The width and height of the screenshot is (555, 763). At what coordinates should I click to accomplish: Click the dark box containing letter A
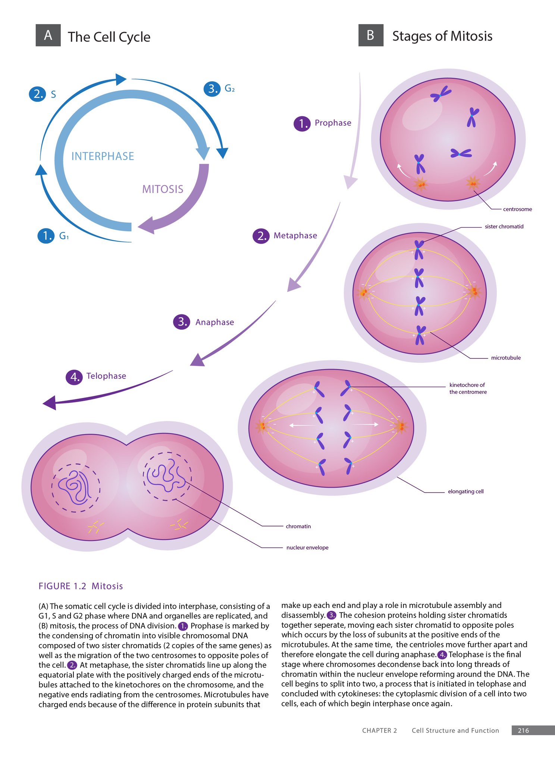point(48,35)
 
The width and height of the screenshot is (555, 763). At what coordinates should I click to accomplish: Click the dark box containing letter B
point(371,35)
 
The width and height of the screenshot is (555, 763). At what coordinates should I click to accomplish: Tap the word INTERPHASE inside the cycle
point(103,156)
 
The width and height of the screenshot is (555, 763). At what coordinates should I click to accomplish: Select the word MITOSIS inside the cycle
point(163,189)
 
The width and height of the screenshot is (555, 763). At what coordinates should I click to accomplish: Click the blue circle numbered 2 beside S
point(37,94)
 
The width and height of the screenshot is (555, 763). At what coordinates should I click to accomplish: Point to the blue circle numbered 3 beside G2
point(212,89)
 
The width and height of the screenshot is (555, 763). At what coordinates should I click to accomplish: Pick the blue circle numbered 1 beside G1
point(46,236)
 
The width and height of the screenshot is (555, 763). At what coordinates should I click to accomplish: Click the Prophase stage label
point(333,123)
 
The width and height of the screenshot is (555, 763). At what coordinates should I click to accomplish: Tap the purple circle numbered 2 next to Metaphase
point(261,236)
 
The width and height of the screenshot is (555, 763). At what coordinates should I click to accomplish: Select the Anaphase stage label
point(214,322)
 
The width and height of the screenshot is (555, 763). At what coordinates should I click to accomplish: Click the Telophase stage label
point(106,376)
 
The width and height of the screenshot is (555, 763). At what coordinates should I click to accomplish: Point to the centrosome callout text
point(517,209)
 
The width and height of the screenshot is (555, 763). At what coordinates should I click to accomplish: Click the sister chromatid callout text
point(504,227)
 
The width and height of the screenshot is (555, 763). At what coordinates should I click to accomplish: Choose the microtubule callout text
point(506,358)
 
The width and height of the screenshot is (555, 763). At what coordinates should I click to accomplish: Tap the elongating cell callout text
point(465,492)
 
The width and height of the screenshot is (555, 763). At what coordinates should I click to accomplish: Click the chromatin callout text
point(298,526)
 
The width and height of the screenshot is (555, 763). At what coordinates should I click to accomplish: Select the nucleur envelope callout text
point(307,548)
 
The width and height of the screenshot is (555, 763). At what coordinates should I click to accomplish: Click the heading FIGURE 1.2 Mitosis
point(81,586)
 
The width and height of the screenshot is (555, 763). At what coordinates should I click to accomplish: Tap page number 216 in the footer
point(523,731)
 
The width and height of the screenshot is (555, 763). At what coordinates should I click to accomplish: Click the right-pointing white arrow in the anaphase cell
point(366,424)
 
